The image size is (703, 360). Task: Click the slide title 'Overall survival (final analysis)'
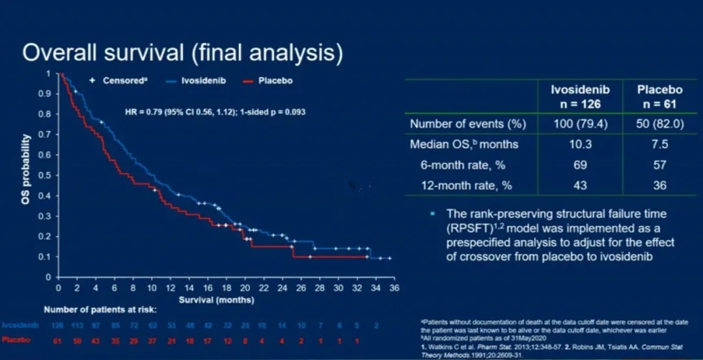(x=182, y=53)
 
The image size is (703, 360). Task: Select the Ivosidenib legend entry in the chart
(x=203, y=81)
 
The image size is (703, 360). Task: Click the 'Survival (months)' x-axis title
(x=217, y=300)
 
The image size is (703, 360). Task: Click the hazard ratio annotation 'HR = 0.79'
(x=215, y=112)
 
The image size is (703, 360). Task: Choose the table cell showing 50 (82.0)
(x=659, y=124)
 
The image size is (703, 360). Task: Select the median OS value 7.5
(x=659, y=145)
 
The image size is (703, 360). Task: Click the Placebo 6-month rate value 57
(x=659, y=165)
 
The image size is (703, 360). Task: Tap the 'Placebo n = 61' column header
(x=659, y=96)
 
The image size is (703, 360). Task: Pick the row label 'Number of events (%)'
(x=467, y=124)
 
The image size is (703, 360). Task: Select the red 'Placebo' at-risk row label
(x=16, y=340)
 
